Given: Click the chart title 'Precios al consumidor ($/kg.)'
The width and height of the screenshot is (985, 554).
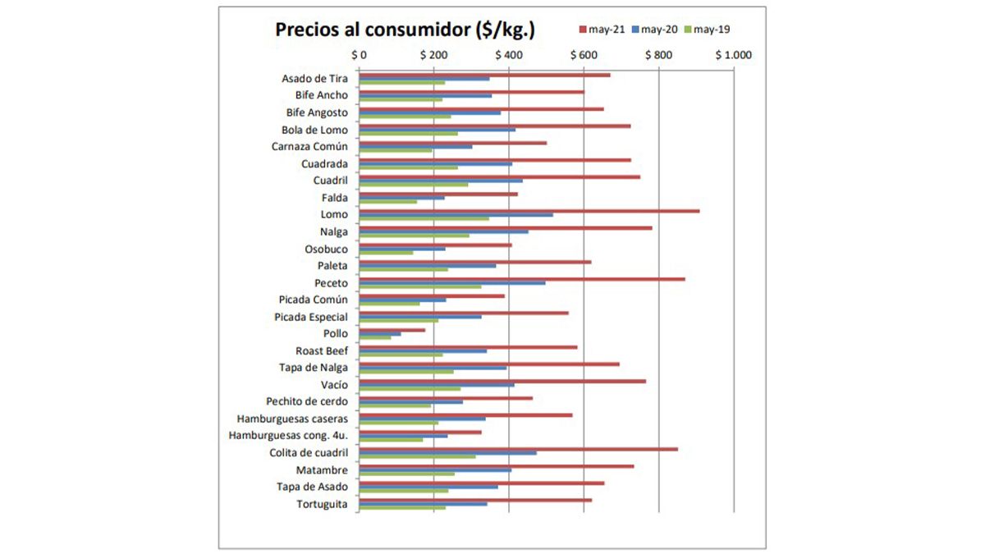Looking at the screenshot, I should coord(405,30).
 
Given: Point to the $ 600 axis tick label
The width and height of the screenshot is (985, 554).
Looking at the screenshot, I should coord(584,56).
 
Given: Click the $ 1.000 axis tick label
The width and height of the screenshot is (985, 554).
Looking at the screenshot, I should coord(733,56).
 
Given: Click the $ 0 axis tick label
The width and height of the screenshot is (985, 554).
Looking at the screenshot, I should coord(359,56).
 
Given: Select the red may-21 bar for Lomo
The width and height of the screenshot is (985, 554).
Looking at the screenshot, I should coord(529,211).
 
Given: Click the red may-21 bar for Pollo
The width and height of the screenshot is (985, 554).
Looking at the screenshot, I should coord(392,330).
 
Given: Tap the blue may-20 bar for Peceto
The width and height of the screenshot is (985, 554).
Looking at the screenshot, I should coord(452,283).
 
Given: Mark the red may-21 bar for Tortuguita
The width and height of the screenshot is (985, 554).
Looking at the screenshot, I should coord(475,499).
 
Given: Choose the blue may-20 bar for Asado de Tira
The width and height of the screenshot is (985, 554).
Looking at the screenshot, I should coord(424,79).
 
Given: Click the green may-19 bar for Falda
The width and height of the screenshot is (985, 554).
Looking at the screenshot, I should coord(388,202).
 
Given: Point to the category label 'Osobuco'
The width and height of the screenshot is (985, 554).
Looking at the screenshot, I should coord(326,249).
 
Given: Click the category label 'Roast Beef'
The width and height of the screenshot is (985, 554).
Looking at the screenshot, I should coord(322,351).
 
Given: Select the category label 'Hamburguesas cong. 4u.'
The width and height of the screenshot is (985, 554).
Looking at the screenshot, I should coord(288,436).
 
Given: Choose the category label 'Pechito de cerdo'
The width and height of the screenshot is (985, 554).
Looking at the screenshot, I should coord(307,402).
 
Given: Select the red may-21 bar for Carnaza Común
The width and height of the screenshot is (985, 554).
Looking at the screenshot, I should coord(453,143).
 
